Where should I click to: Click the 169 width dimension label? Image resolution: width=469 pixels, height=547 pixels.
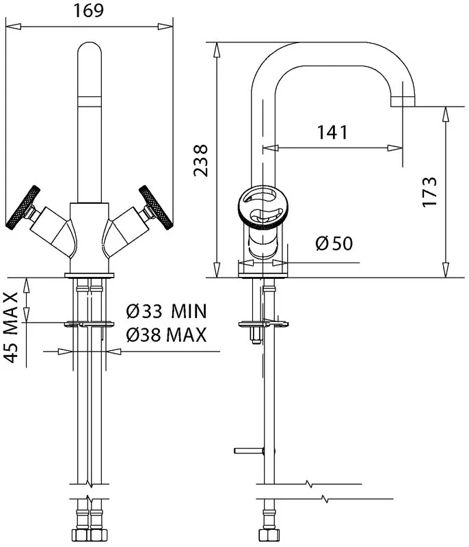pos(88,10)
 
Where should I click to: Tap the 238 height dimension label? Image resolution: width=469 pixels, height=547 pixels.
pos(201,160)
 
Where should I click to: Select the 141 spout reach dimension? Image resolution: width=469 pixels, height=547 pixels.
pos(332,132)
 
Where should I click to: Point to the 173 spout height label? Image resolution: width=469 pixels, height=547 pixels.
pos(429,192)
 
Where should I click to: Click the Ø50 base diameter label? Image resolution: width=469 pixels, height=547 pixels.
pos(334,243)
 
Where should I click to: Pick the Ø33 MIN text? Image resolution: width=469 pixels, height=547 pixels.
pos(166,311)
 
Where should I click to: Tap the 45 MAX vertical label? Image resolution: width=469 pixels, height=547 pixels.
pos(11,328)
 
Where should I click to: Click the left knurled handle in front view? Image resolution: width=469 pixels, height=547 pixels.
pos(23,208)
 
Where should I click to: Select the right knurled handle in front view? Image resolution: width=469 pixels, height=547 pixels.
pos(155,208)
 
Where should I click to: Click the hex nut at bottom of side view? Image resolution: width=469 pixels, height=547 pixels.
pos(269,535)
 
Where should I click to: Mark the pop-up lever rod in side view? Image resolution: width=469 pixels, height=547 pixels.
pos(249,451)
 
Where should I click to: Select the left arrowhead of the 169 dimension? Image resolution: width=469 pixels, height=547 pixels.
pos(14,27)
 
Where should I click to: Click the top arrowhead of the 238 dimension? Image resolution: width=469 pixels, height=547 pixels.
pos(217,50)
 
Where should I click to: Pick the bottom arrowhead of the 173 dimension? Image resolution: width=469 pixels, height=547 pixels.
pos(445,269)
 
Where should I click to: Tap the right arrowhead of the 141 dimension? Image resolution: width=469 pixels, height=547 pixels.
pos(395,148)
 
